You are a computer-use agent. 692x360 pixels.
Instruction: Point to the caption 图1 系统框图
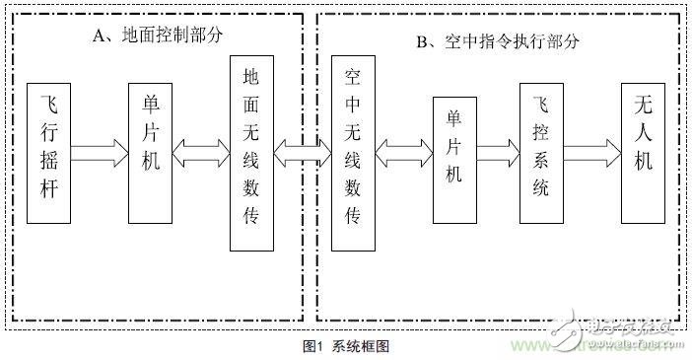[x=347, y=346]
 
